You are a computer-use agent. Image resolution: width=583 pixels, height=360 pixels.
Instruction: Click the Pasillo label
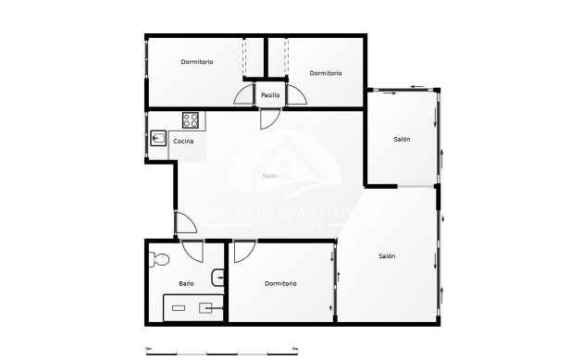270,95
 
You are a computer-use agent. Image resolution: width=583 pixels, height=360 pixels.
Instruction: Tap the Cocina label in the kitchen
183,142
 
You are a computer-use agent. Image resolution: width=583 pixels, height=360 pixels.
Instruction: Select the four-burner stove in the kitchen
191,119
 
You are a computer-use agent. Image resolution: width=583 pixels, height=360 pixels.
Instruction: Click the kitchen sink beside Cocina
156,140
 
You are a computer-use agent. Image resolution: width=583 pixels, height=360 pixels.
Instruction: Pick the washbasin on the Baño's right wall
218,276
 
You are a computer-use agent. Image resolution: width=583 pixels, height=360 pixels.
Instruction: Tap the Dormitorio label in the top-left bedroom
197,62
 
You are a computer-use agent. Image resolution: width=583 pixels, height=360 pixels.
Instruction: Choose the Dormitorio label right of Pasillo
326,73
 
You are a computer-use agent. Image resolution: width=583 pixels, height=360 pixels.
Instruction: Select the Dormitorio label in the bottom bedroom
280,283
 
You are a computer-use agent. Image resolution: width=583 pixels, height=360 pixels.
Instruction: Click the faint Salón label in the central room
270,176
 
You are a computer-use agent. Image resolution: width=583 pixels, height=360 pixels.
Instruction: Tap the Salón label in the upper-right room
402,140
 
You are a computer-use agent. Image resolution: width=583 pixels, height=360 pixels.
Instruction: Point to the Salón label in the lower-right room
387,256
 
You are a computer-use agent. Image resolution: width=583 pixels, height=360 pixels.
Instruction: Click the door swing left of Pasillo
243,95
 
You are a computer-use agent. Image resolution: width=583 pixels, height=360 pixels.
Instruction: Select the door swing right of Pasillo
297,95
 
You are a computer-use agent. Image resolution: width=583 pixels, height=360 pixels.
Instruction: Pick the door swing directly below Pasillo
268,118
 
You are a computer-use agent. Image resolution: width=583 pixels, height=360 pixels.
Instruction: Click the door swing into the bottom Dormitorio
244,251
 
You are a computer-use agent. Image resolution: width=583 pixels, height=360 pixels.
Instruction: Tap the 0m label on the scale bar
148,349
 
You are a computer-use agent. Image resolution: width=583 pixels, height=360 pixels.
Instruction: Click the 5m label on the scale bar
295,349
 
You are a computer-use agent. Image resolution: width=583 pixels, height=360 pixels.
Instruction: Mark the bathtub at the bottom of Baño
193,307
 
